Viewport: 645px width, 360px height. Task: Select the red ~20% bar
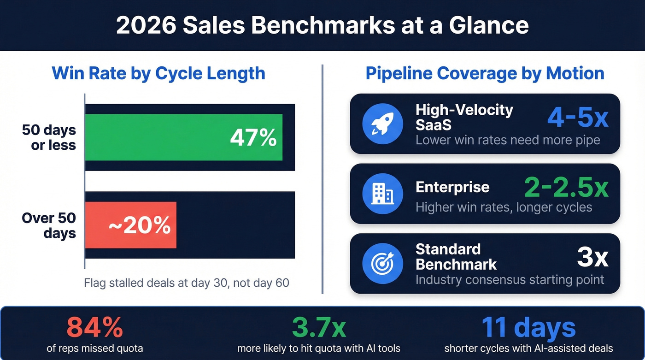[x=131, y=225]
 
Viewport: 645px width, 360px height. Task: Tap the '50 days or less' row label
[x=49, y=137]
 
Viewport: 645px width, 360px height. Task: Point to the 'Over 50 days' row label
[x=49, y=225]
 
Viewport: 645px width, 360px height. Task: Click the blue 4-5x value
[x=578, y=117]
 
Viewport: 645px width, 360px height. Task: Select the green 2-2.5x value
[x=566, y=187]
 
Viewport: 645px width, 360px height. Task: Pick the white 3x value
[x=592, y=257]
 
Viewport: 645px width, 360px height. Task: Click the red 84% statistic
[x=94, y=328]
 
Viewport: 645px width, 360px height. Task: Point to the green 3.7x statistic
[x=319, y=328]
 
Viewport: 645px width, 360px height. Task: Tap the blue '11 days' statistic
[x=528, y=328]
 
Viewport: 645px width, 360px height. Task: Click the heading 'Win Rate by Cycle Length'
[x=158, y=74]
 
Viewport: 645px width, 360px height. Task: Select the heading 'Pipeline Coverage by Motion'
[x=485, y=74]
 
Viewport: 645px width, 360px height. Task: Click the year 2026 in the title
[x=146, y=25]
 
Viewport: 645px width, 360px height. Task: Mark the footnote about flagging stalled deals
[x=187, y=283]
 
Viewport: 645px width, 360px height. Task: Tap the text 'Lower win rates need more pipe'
[x=508, y=140]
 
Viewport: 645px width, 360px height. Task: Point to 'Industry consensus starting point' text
[x=510, y=280]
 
